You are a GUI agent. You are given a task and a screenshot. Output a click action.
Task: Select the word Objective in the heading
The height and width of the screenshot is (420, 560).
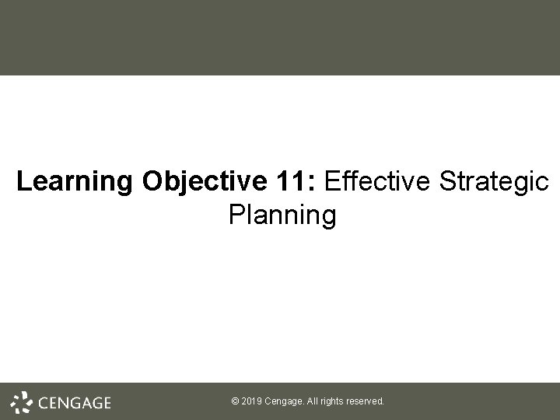click(x=205, y=183)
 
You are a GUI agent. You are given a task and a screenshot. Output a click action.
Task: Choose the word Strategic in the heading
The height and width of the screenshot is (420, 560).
click(x=493, y=183)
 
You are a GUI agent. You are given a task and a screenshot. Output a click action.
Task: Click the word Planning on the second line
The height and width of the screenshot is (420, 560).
click(x=282, y=216)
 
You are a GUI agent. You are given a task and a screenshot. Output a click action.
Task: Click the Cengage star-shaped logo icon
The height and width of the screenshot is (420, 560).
click(x=21, y=402)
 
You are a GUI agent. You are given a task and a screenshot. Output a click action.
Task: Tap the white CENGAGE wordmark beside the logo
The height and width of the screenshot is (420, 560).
click(x=75, y=403)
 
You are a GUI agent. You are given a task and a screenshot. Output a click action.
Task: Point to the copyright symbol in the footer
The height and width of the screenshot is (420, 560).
click(x=235, y=402)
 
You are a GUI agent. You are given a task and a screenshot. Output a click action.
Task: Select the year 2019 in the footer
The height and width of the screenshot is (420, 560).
click(x=252, y=402)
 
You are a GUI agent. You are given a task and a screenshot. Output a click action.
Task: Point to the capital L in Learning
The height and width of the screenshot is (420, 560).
click(x=23, y=183)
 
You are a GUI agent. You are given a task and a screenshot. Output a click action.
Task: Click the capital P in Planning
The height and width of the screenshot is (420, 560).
click(x=236, y=215)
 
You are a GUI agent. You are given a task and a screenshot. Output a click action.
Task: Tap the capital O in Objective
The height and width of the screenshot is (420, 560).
click(x=152, y=183)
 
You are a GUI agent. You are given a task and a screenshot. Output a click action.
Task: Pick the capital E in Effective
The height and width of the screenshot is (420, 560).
click(x=332, y=183)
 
